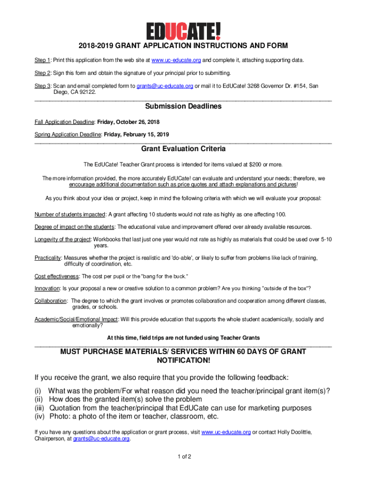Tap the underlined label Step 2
(42, 73)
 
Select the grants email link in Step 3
(165, 86)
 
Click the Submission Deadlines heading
(183, 106)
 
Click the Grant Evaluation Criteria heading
(183, 149)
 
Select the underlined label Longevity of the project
(62, 239)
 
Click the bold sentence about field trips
(183, 338)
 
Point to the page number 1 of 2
(183, 457)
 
